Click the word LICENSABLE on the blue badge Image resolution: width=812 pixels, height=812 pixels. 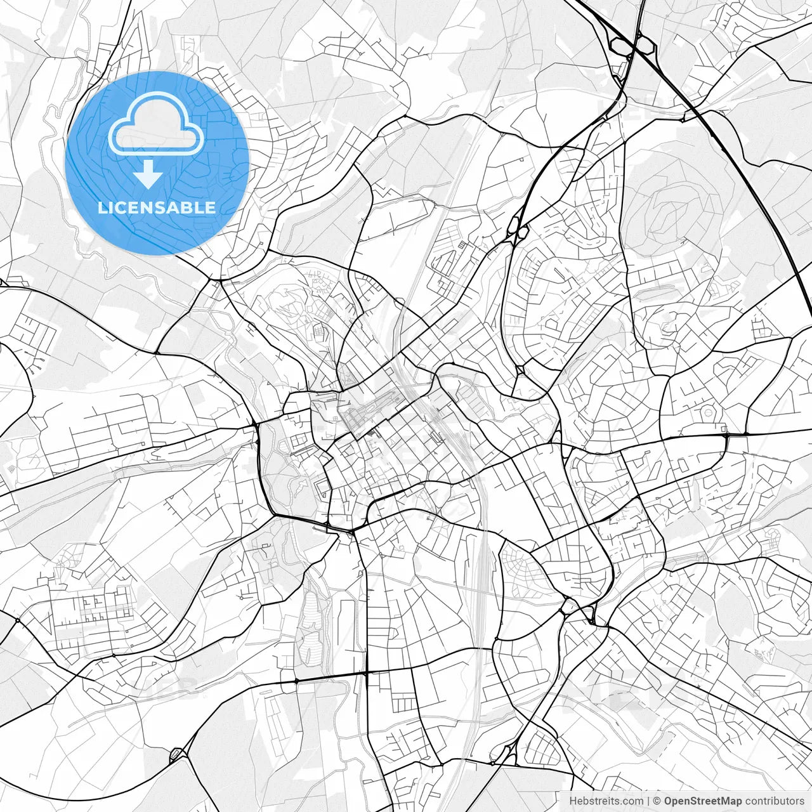[x=157, y=207]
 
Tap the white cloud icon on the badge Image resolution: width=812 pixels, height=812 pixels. [x=157, y=124]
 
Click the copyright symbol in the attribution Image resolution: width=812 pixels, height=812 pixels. [x=658, y=801]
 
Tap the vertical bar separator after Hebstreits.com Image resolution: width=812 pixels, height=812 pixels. [x=648, y=801]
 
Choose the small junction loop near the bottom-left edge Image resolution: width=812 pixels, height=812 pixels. [x=176, y=754]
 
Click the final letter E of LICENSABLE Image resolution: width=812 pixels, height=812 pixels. [x=210, y=207]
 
